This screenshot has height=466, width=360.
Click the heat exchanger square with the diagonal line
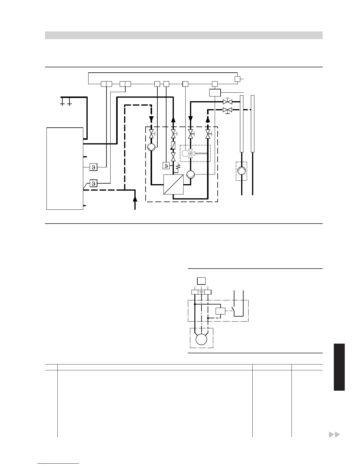click(x=173, y=184)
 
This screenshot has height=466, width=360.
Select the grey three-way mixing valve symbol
click(x=191, y=153)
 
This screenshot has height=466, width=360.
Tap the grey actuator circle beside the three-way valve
click(x=185, y=153)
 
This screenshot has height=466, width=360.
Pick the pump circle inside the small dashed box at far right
click(x=241, y=171)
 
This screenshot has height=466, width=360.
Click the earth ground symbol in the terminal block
click(x=201, y=292)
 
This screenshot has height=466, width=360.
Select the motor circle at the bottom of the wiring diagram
click(x=201, y=339)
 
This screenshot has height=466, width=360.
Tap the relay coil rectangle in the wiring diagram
click(x=220, y=311)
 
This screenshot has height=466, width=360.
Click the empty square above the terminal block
click(x=201, y=281)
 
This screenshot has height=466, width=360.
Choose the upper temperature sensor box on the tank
click(x=94, y=167)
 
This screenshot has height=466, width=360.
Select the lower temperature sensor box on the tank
click(x=94, y=184)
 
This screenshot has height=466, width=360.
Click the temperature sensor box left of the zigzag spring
click(x=166, y=166)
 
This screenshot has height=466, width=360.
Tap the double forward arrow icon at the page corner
click(x=334, y=435)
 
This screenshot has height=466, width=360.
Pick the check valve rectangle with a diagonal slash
click(x=173, y=145)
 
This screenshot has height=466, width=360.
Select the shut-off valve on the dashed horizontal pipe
click(x=227, y=110)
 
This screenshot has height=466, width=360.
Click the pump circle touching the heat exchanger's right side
click(x=191, y=174)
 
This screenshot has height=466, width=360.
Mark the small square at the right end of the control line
click(x=237, y=79)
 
